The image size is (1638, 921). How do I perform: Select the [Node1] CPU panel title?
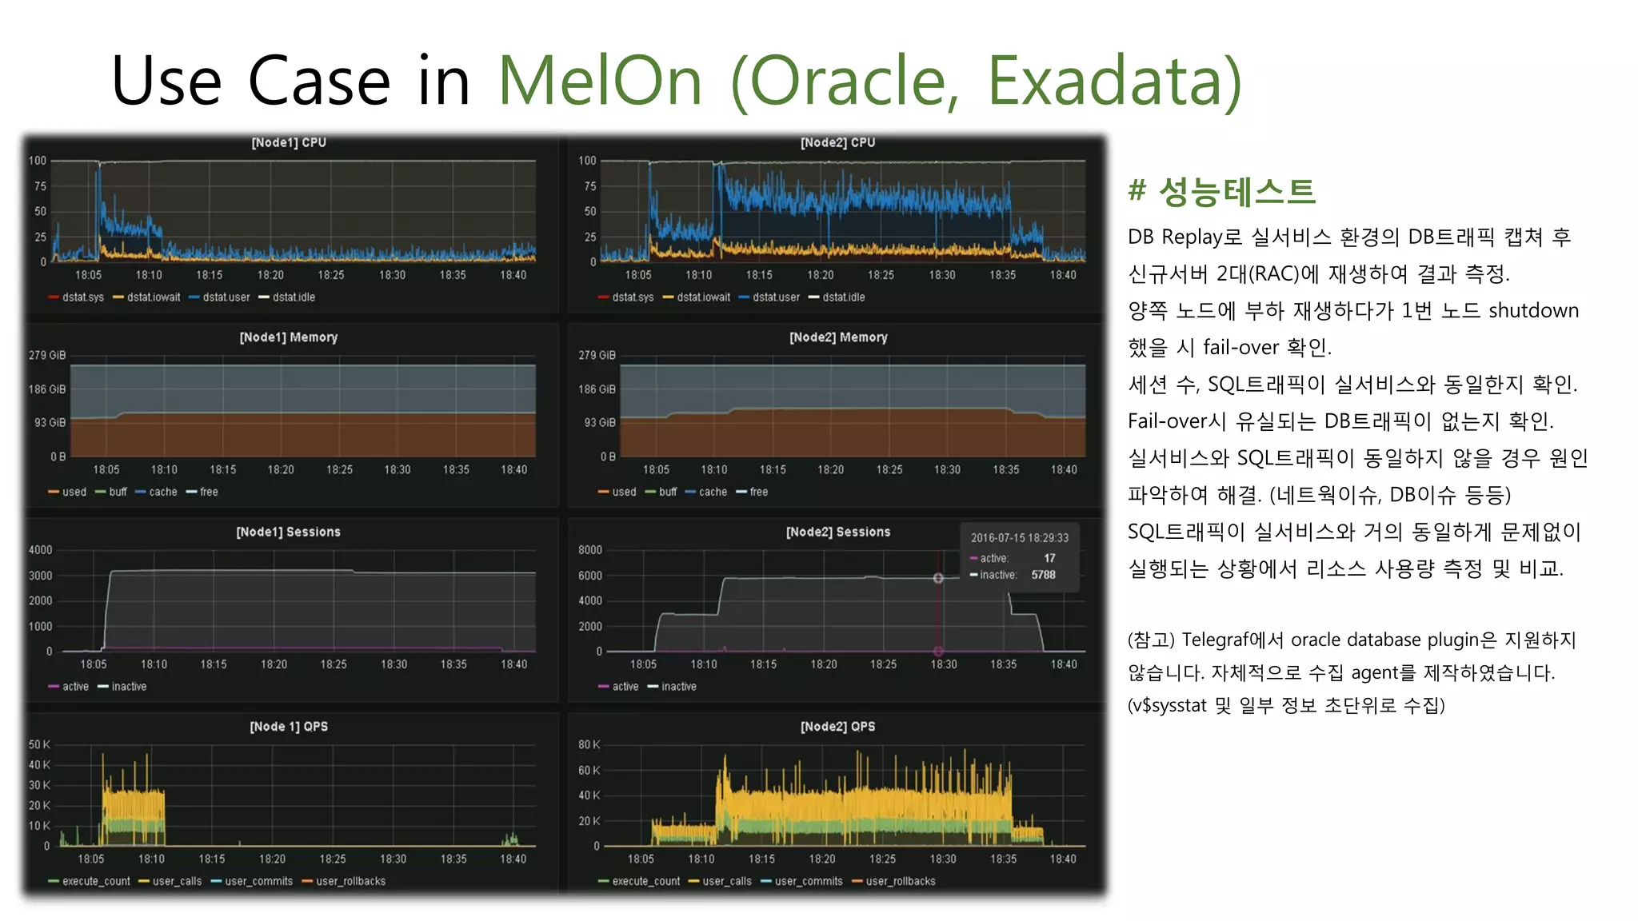click(289, 142)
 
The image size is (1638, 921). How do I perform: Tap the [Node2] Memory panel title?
click(838, 337)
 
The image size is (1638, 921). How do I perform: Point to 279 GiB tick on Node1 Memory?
click(47, 355)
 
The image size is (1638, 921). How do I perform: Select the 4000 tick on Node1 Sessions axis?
click(41, 550)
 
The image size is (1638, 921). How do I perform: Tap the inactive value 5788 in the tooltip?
click(1043, 575)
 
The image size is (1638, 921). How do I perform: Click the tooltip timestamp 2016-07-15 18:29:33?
click(1019, 538)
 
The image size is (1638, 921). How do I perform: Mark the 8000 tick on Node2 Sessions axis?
click(590, 550)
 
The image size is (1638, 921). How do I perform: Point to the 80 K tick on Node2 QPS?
click(589, 744)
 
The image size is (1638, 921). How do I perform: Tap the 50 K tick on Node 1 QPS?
click(39, 744)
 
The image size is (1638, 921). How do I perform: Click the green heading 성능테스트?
click(1236, 192)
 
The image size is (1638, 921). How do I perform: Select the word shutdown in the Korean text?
click(1533, 310)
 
